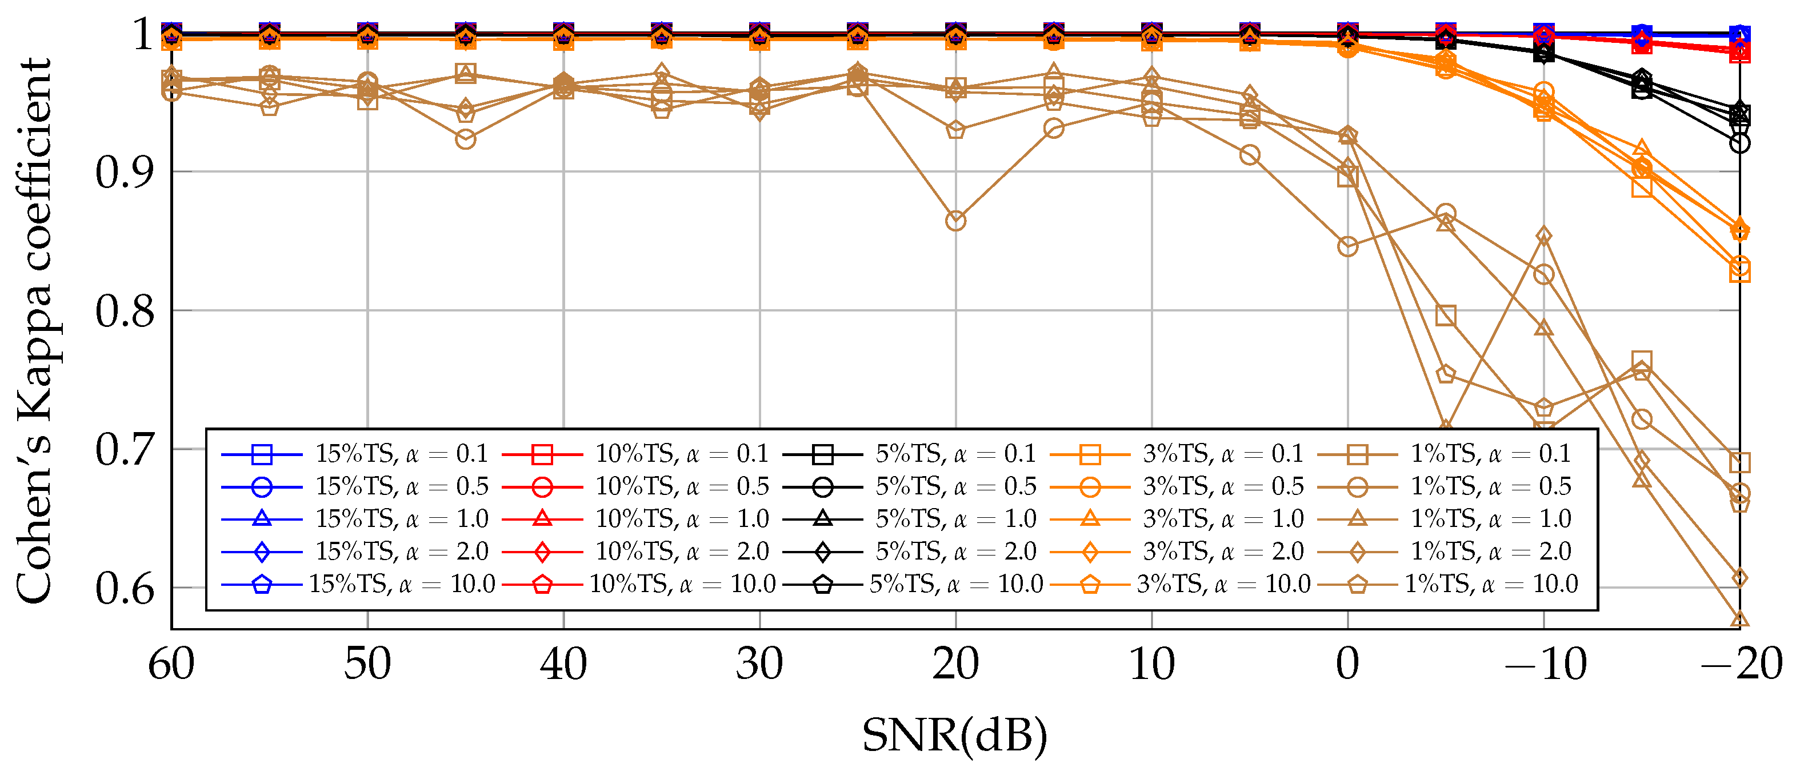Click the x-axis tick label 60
171,664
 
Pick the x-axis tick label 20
955,664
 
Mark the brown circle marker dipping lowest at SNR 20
955,221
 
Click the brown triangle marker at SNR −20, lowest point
1739,619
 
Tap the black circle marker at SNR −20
1739,143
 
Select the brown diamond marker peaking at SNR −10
1543,237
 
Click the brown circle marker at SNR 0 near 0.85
1347,246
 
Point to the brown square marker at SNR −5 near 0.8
1446,315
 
